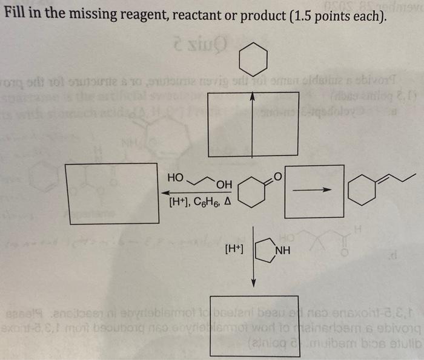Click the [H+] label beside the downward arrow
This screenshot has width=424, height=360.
pos(234,248)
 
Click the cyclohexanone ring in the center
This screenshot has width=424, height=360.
pos(250,192)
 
